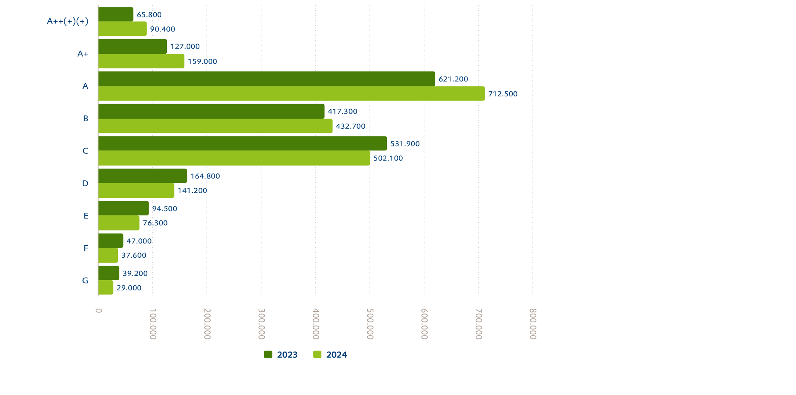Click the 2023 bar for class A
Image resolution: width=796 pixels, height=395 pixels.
[267, 79]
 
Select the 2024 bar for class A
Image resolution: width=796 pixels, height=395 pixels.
[292, 94]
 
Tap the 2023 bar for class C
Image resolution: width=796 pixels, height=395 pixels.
[243, 143]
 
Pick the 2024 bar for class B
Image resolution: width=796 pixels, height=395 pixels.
[215, 126]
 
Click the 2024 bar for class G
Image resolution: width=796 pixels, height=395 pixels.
[106, 288]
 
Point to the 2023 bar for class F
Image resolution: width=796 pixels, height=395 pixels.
[111, 241]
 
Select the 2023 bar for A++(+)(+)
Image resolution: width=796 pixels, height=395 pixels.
[116, 14]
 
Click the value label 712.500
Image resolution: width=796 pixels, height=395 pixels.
[503, 94]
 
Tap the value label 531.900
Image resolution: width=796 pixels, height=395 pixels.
[405, 144]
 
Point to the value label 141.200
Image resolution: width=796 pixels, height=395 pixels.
[192, 191]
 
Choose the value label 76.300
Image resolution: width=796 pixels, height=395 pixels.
[155, 223]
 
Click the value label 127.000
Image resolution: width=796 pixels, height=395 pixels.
[185, 47]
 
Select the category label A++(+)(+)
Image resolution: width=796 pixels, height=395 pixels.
[68, 21]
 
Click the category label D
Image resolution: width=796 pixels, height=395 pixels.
[85, 184]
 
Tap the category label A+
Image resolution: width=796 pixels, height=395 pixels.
[83, 54]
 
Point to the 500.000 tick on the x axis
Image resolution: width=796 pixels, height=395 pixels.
[370, 323]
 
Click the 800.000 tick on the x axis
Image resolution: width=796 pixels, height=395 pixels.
[533, 323]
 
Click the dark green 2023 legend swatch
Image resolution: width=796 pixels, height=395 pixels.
[268, 355]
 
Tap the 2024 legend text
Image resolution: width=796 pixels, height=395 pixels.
[337, 355]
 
